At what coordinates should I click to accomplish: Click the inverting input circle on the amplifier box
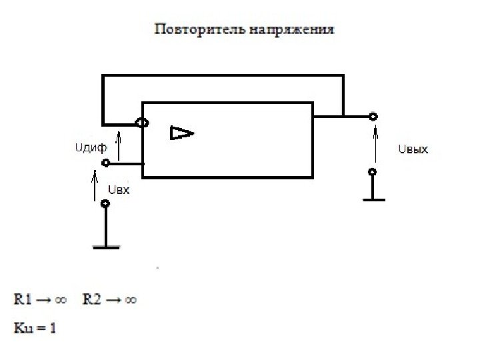pyautogui.click(x=142, y=123)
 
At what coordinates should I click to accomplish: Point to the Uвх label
pyautogui.click(x=118, y=190)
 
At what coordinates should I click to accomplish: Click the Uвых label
pyautogui.click(x=413, y=150)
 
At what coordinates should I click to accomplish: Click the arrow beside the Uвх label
pyautogui.click(x=94, y=185)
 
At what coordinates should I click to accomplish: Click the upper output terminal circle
pyautogui.click(x=373, y=117)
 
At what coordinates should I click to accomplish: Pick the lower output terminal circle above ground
pyautogui.click(x=373, y=172)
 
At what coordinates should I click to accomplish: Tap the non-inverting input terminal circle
pyautogui.click(x=105, y=163)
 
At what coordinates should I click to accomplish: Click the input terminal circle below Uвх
pyautogui.click(x=105, y=204)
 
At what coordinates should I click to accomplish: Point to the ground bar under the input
pyautogui.click(x=105, y=247)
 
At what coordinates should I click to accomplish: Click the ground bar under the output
pyautogui.click(x=373, y=199)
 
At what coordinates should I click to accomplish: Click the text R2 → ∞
pyautogui.click(x=110, y=300)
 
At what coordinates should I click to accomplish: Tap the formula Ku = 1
pyautogui.click(x=35, y=328)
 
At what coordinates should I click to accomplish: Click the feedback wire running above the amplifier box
pyautogui.click(x=223, y=76)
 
